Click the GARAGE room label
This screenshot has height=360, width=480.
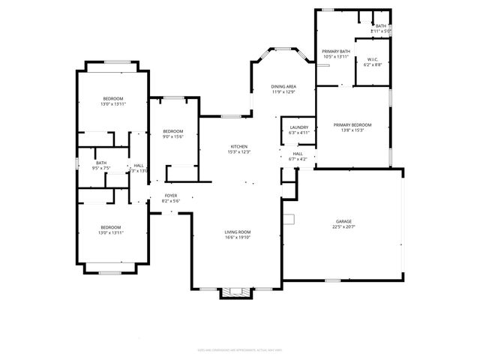343,221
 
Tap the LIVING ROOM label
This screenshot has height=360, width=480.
237,232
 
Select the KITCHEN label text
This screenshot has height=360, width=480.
238,146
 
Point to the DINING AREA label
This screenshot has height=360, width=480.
283,87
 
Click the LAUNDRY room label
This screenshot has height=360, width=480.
298,127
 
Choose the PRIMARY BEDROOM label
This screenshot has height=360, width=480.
352,124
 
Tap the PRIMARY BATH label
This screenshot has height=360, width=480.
337,51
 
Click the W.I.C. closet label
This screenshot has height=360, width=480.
373,60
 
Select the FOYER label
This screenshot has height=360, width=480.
171,195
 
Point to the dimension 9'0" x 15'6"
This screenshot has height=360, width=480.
173,136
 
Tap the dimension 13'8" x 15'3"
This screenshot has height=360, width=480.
352,130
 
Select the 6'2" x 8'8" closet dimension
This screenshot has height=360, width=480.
373,65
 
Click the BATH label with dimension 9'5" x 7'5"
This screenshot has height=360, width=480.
101,163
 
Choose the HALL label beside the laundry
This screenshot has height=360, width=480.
298,153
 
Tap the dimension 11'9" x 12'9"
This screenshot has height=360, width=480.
283,92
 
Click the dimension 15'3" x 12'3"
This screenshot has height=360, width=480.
238,151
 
